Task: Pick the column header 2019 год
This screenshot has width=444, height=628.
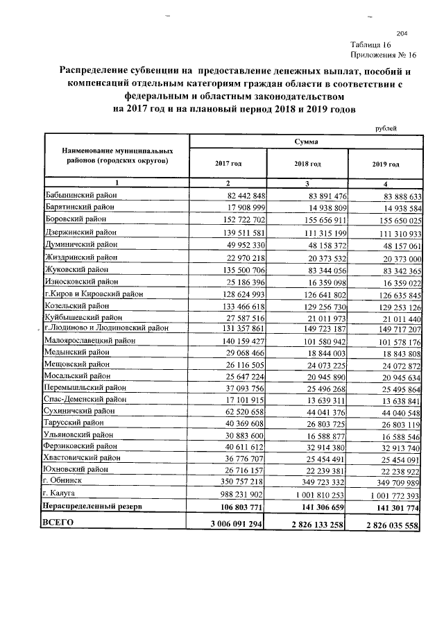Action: tap(386, 164)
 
